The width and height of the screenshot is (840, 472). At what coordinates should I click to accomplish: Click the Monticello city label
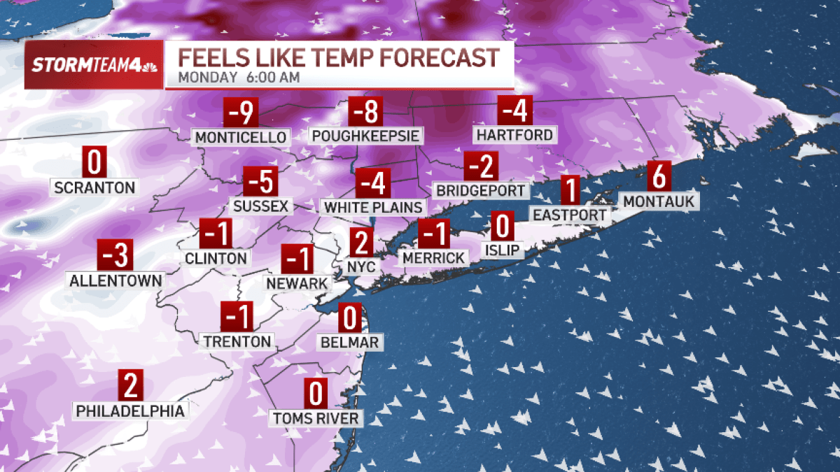point(241,136)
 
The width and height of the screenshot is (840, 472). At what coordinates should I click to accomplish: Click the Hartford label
point(514,134)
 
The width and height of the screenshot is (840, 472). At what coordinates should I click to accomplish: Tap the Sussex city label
point(261,206)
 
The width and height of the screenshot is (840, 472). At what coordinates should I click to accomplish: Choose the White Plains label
point(374,207)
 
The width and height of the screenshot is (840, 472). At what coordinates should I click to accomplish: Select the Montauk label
point(658,201)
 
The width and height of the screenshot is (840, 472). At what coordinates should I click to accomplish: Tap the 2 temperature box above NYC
point(361,243)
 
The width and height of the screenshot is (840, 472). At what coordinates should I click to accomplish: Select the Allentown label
point(116,280)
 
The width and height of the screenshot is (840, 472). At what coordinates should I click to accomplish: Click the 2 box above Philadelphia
point(131,385)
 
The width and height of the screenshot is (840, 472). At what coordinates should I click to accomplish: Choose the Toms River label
point(317,419)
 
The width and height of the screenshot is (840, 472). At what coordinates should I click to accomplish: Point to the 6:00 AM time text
point(273,78)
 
